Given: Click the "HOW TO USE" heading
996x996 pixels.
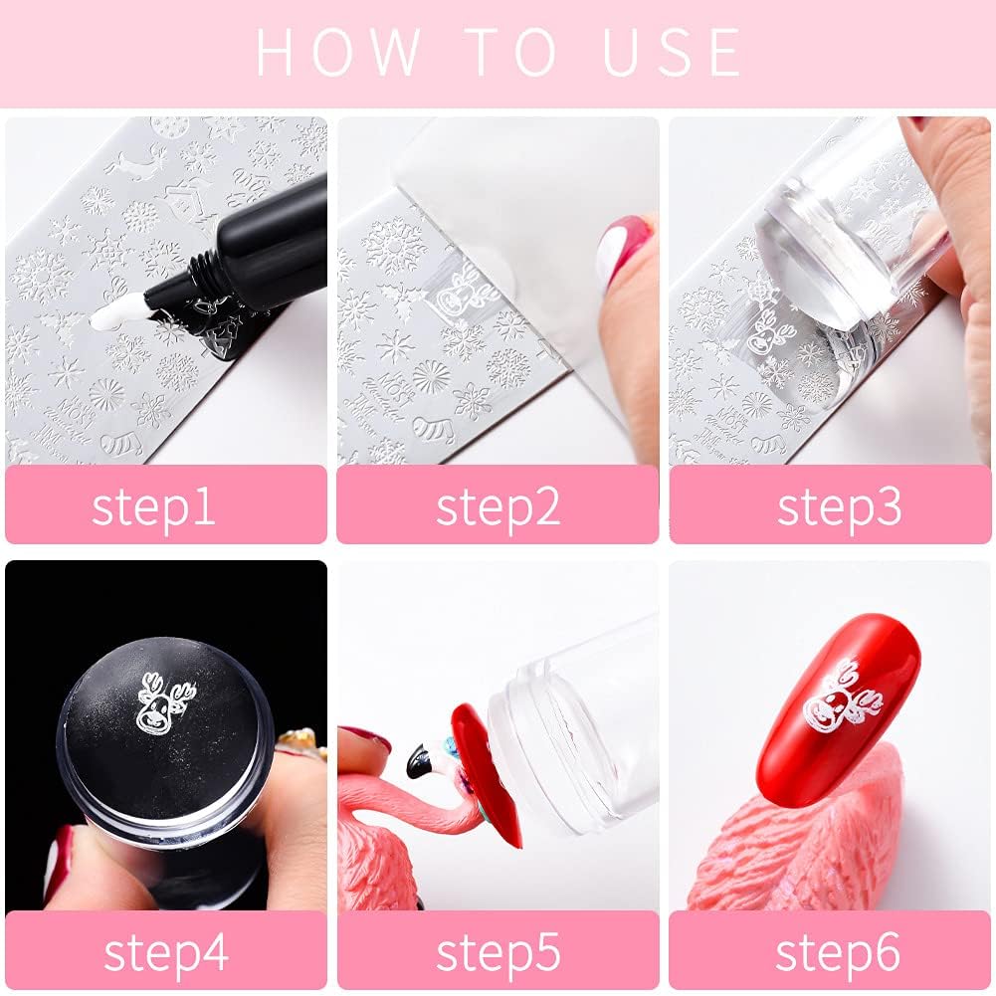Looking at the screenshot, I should click(498, 52).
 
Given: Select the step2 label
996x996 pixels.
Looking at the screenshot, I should click(498, 505).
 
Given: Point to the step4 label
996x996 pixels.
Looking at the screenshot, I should click(166, 951).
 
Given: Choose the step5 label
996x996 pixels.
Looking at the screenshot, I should click(498, 951).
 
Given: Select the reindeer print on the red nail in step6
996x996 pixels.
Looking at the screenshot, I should click(837, 697).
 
